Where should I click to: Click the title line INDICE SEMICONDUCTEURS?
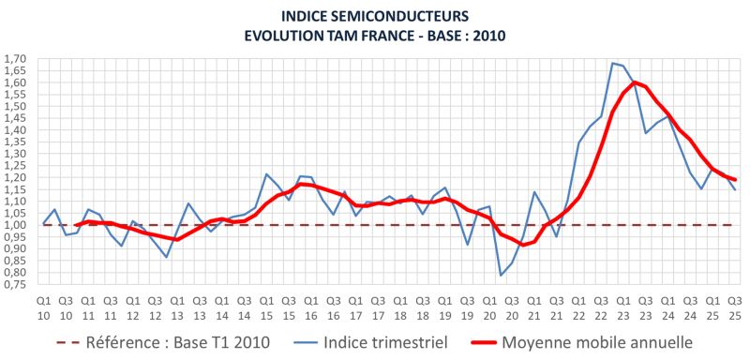[375, 15]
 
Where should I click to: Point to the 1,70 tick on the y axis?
[15, 59]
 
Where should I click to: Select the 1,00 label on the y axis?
[15, 225]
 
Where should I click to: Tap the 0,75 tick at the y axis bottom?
[15, 285]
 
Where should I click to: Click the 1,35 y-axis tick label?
[15, 142]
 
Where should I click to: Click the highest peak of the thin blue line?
[613, 63]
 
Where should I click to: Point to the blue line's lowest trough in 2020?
[501, 275]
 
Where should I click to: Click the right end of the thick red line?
[735, 180]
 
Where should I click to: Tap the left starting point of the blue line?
[43, 223]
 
